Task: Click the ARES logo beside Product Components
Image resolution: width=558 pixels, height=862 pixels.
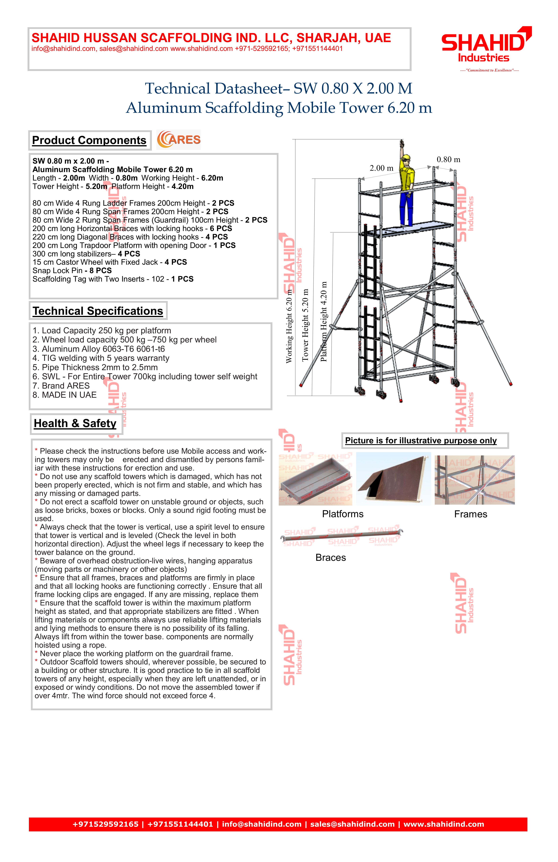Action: point(179,140)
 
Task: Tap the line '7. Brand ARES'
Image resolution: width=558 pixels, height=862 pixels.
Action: point(61,386)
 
